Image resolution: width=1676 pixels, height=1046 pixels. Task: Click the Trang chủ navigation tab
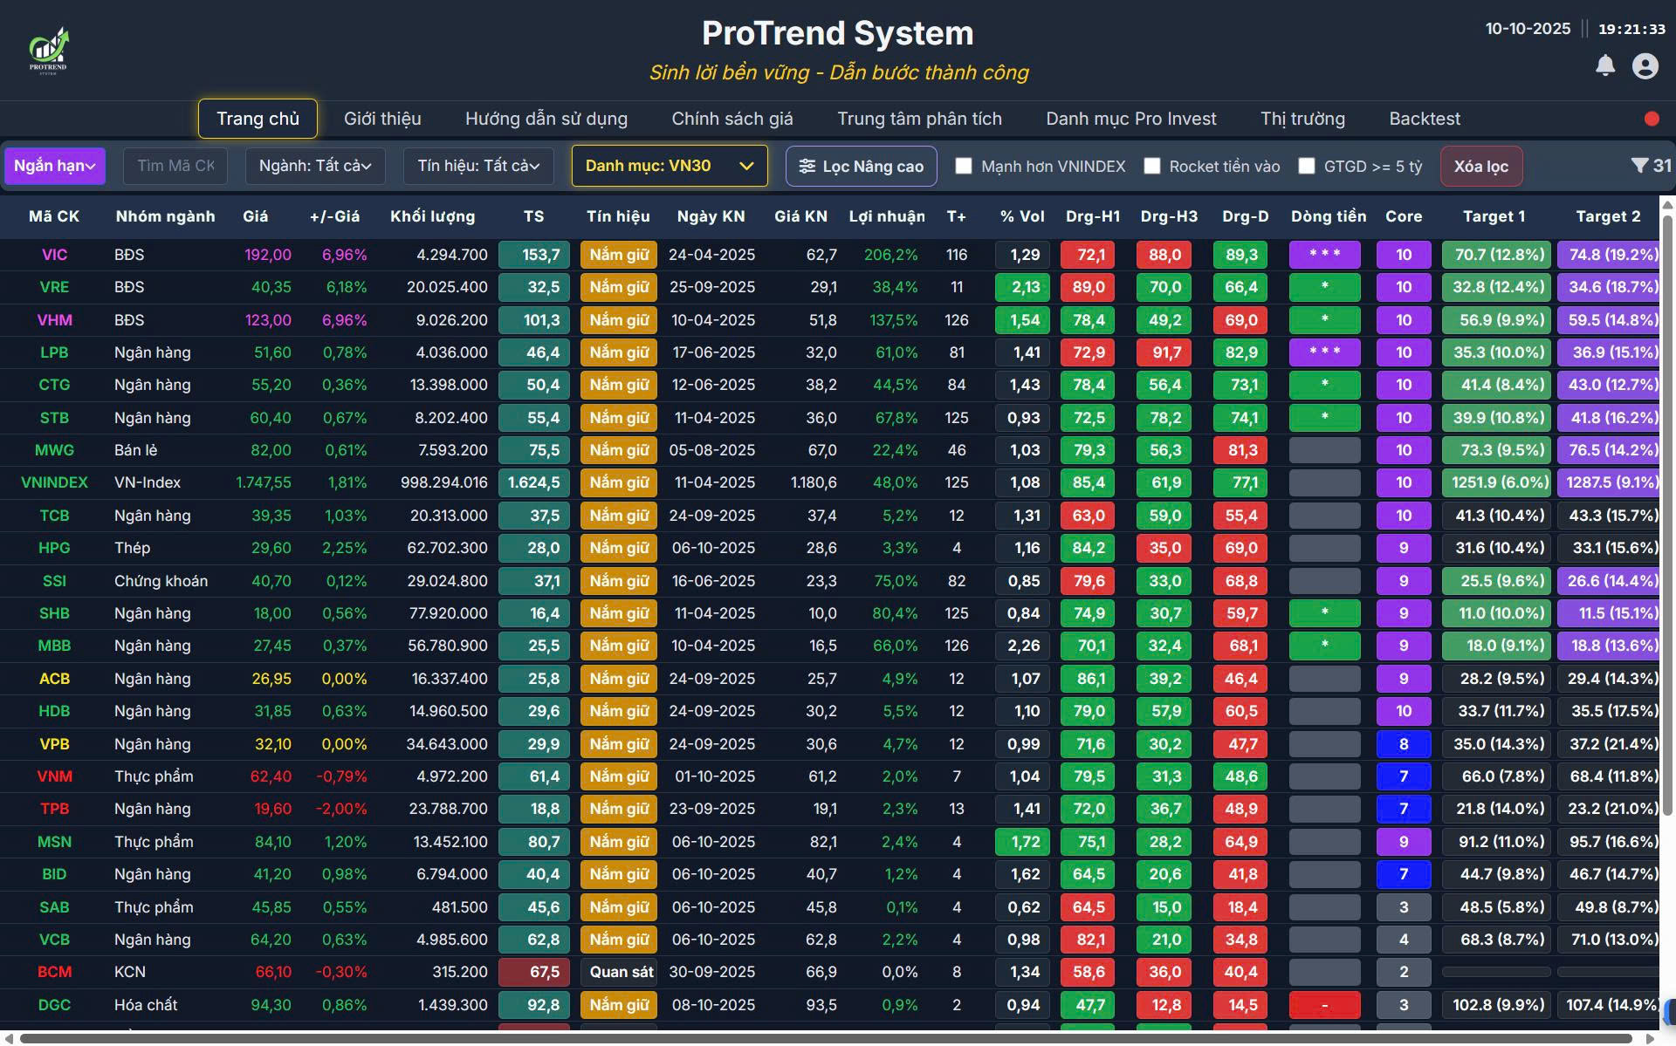[x=258, y=119]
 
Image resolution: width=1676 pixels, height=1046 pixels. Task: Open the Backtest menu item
[x=1424, y=119]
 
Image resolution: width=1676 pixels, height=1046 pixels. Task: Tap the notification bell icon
[x=1604, y=65]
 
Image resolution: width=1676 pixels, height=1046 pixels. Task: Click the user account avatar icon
[x=1645, y=66]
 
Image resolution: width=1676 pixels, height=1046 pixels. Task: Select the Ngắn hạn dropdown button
[x=54, y=166]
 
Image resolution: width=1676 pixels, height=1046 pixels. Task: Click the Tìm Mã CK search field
[x=175, y=166]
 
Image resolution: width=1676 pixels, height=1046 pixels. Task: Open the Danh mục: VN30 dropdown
[x=669, y=166]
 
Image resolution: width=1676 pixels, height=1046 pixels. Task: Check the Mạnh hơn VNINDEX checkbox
[x=964, y=166]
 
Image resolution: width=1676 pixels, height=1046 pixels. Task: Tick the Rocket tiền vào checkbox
[x=1152, y=166]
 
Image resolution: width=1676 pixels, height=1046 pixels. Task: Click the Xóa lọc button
[x=1480, y=166]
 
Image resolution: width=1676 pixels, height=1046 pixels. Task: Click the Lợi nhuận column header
[x=886, y=216]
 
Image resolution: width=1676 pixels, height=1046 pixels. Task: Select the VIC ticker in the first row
[x=54, y=255]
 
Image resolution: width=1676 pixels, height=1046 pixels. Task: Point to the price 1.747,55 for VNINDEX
[x=264, y=482]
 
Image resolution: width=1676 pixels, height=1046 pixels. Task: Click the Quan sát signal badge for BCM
[x=621, y=972]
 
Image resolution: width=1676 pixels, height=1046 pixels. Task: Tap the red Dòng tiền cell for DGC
[x=1324, y=1005]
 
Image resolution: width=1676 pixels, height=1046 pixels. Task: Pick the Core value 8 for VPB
[x=1403, y=744]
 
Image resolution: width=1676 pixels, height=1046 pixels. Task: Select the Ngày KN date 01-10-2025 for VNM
[x=713, y=776]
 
